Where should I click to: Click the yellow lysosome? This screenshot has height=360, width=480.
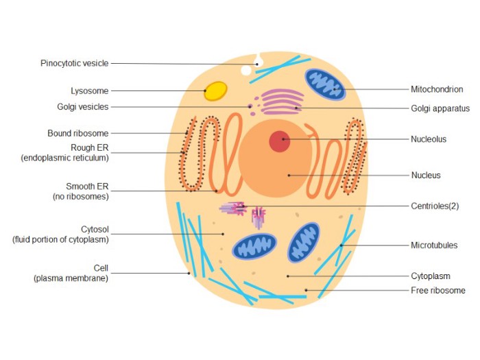pyautogui.click(x=215, y=91)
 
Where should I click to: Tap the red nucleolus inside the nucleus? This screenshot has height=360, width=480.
pyautogui.click(x=280, y=141)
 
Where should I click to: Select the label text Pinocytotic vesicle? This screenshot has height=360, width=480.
pyautogui.click(x=74, y=63)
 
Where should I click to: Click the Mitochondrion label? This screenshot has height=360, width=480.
pyautogui.click(x=437, y=89)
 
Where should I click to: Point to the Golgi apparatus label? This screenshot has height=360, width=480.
pyautogui.click(x=440, y=108)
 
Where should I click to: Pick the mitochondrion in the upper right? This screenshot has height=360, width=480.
pyautogui.click(x=325, y=84)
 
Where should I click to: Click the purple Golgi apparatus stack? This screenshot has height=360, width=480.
pyautogui.click(x=283, y=101)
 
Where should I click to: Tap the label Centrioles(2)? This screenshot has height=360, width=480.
pyautogui.click(x=435, y=206)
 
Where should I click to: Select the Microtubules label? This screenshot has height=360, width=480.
pyautogui.click(x=434, y=245)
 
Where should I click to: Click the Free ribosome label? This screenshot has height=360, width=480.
pyautogui.click(x=438, y=290)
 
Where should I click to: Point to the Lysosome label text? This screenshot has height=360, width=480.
pyautogui.click(x=90, y=91)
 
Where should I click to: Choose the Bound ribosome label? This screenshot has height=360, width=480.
pyautogui.click(x=78, y=134)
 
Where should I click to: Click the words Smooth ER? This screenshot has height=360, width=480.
pyautogui.click(x=87, y=187)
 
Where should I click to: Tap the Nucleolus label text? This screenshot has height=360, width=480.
pyautogui.click(x=429, y=139)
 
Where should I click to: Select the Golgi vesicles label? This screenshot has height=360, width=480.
pyautogui.click(x=83, y=107)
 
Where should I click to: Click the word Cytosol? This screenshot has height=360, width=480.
pyautogui.click(x=95, y=229)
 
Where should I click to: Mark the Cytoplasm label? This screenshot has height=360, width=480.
pyautogui.click(x=431, y=276)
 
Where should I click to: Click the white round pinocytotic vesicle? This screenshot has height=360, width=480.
pyautogui.click(x=246, y=71)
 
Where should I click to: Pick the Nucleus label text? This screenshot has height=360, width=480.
pyautogui.click(x=426, y=176)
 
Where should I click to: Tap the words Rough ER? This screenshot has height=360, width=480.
pyautogui.click(x=90, y=148)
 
